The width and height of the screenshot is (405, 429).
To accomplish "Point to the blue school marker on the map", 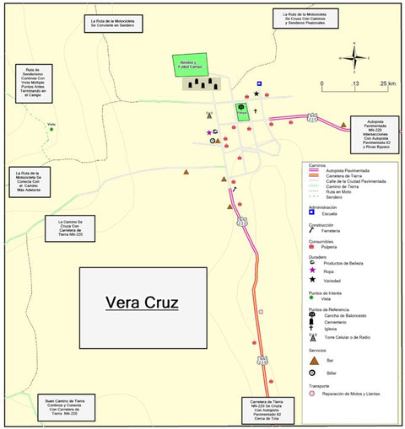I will pyautogui.click(x=260, y=84).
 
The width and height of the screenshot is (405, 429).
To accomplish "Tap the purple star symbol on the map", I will pyautogui.click(x=209, y=132).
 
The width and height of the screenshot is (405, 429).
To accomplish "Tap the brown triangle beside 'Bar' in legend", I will pyautogui.click(x=312, y=359).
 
